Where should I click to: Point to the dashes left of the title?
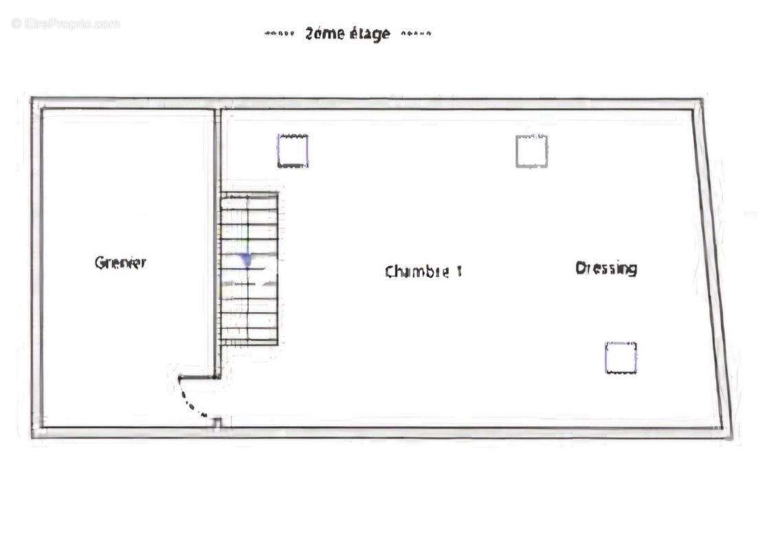[280, 33]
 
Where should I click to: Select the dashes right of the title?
[416, 33]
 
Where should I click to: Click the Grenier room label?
[120, 262]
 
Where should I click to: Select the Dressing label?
[605, 268]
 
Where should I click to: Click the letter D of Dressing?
[581, 267]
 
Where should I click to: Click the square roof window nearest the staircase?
[293, 151]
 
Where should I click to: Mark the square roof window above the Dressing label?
[531, 151]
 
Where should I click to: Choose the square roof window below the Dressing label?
[621, 358]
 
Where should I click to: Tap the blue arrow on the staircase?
[246, 260]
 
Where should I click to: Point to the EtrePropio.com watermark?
[66, 23]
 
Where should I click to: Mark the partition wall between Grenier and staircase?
[216, 241]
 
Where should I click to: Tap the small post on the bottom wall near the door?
[216, 423]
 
